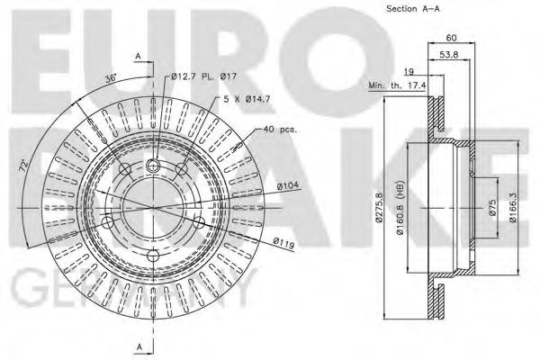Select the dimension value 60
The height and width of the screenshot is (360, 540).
[451, 39]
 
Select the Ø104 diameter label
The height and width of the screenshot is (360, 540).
[288, 185]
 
